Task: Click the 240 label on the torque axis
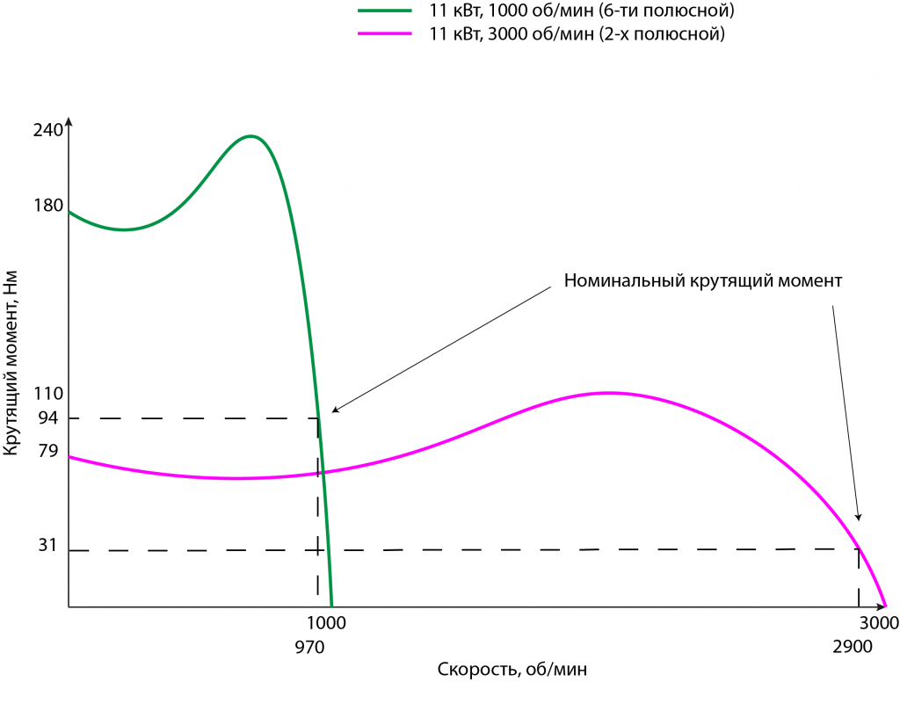pyautogui.click(x=48, y=131)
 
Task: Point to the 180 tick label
pyautogui.click(x=48, y=206)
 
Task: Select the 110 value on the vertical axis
pyautogui.click(x=48, y=394)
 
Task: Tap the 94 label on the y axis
pyautogui.click(x=48, y=418)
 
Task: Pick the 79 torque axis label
pyautogui.click(x=48, y=452)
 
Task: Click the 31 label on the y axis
pyautogui.click(x=48, y=546)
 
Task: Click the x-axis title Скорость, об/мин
pyautogui.click(x=512, y=670)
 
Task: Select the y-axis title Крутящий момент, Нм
pyautogui.click(x=11, y=363)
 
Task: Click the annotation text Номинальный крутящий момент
pyautogui.click(x=703, y=282)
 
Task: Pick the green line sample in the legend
pyautogui.click(x=385, y=11)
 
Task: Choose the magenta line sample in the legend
pyautogui.click(x=385, y=34)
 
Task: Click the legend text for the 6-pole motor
pyautogui.click(x=581, y=11)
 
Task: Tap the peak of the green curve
pyautogui.click(x=251, y=136)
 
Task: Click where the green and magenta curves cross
pyautogui.click(x=323, y=472)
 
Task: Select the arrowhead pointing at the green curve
pyautogui.click(x=334, y=410)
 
